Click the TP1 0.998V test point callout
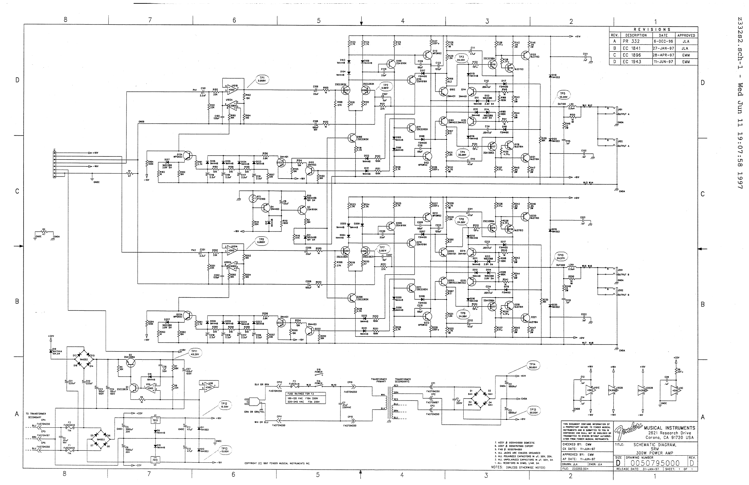262,79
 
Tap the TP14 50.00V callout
533,365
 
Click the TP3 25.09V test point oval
461,58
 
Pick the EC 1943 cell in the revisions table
632,62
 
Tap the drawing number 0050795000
655,463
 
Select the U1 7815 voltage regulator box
155,420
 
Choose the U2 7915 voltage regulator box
155,460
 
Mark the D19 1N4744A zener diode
51,350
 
